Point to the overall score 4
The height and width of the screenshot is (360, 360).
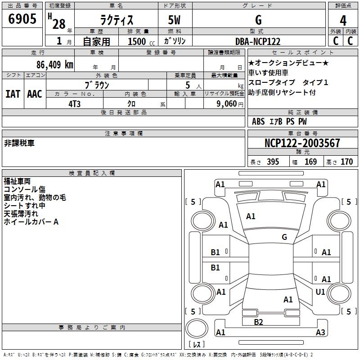[x=343, y=20]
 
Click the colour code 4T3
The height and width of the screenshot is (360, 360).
[x=75, y=103]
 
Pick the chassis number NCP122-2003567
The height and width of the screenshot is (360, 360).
[x=302, y=143]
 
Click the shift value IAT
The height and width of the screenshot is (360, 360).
[x=13, y=94]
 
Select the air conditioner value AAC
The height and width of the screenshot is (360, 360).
[x=35, y=94]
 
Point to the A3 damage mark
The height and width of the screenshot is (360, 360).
[x=320, y=333]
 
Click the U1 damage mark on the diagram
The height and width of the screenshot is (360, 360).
[x=320, y=292]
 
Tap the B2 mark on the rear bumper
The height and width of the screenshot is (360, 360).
[x=258, y=322]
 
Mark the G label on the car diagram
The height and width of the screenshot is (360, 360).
[x=284, y=237]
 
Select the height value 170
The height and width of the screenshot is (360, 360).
[x=347, y=162]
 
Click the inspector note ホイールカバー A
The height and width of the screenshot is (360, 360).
[x=31, y=222]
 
